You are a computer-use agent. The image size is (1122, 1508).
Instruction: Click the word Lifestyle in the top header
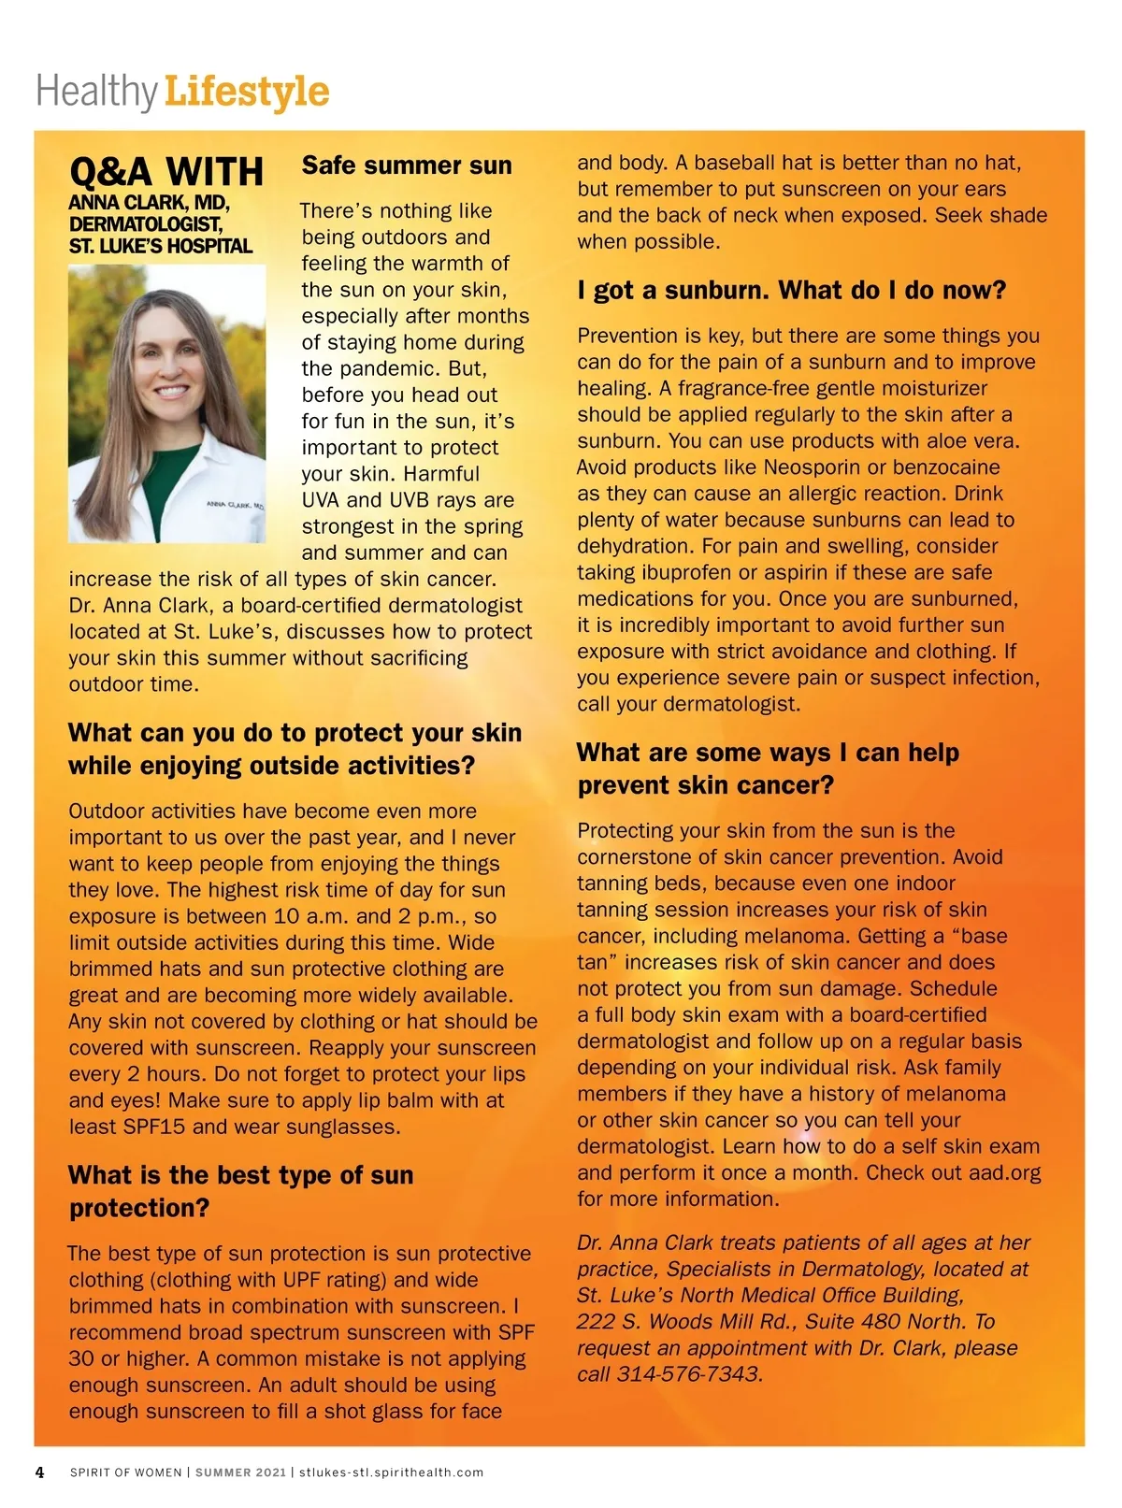(x=247, y=93)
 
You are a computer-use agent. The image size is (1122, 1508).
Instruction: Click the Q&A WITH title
(x=166, y=172)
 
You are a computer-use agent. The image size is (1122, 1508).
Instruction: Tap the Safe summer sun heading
(x=407, y=165)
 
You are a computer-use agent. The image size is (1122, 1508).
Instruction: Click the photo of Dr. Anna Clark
(x=166, y=403)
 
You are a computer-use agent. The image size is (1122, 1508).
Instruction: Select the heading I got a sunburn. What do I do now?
(x=791, y=290)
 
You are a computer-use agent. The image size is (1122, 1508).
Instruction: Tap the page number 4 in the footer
(x=39, y=1472)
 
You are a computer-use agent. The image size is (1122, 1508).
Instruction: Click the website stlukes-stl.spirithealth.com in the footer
(x=391, y=1472)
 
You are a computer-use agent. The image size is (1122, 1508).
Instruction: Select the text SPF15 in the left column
(x=154, y=1127)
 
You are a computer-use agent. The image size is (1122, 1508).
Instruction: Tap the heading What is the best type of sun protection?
(x=240, y=1191)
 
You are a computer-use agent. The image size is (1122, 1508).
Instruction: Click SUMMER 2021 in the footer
(x=240, y=1472)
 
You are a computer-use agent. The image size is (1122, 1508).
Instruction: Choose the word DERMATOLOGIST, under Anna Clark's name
(x=146, y=224)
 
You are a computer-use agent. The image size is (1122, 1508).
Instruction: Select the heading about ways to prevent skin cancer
(x=768, y=768)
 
